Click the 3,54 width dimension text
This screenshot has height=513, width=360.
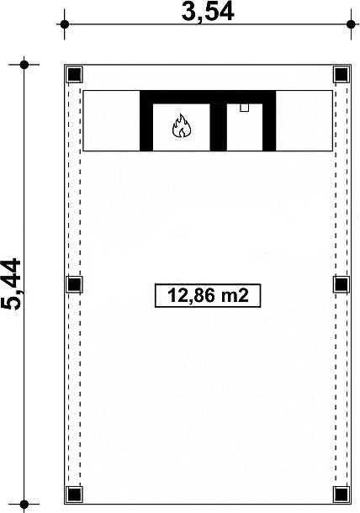point(208,12)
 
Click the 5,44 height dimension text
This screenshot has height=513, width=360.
point(12,284)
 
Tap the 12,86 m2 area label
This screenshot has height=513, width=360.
point(208,295)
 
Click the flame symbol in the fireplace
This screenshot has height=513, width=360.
point(182,125)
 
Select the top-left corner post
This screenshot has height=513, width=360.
point(74,75)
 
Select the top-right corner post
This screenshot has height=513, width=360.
point(341,75)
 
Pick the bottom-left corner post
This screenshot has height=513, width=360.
point(74,494)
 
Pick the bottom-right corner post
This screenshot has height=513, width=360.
point(341,494)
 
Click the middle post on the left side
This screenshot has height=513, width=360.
point(74,284)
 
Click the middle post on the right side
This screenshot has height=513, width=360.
point(341,284)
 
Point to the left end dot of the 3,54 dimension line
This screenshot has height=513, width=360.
point(65,24)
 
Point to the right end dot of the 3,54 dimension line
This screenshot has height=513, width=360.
point(351,24)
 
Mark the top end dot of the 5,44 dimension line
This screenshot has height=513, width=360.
point(24,65)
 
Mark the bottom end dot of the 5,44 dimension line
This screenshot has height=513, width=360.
point(24,505)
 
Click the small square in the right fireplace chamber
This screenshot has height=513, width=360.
point(244,108)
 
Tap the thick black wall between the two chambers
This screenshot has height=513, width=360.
point(219,127)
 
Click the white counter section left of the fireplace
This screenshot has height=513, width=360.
point(112,121)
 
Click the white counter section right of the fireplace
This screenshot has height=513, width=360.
point(304,121)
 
